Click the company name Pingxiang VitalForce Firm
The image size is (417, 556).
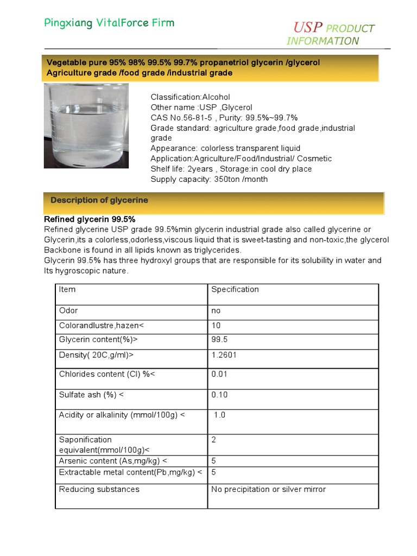(x=109, y=23)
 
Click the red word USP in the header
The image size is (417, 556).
(x=308, y=27)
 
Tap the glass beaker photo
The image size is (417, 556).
(x=86, y=125)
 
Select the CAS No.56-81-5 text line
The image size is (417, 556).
(x=224, y=118)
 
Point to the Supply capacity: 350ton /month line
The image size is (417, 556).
(x=208, y=179)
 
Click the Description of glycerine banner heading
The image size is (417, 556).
(x=99, y=200)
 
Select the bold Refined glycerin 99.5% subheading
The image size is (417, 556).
(x=90, y=219)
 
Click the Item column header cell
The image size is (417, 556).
(x=67, y=289)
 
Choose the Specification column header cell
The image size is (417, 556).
(x=235, y=289)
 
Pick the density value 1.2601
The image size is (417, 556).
(x=224, y=355)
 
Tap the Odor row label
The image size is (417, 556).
(x=68, y=311)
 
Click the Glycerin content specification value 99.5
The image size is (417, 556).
(x=219, y=340)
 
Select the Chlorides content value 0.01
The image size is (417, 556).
(x=219, y=374)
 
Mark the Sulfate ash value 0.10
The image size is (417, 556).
(x=219, y=395)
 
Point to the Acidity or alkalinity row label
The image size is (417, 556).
(x=122, y=415)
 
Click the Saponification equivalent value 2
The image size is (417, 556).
(x=214, y=440)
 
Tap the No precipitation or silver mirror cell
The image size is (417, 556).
(x=268, y=489)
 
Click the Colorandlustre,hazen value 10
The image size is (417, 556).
(x=216, y=325)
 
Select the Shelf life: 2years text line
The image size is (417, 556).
(x=231, y=169)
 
